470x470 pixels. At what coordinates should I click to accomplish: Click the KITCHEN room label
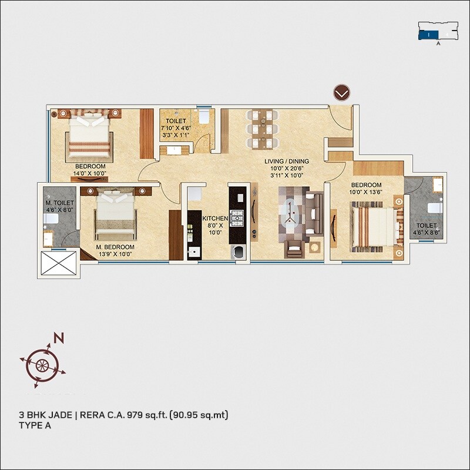point(214,219)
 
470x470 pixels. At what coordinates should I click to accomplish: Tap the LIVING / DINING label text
point(286,161)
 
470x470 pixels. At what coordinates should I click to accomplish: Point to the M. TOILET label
point(59,202)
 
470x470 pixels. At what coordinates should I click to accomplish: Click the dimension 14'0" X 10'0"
point(90,174)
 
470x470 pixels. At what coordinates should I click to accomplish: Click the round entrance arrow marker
point(341,92)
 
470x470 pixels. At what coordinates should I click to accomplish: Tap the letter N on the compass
point(58,338)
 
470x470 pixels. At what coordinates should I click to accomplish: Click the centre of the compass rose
point(42,365)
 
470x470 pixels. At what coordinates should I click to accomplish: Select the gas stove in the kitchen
point(237,218)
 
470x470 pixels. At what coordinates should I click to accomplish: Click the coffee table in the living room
point(292,214)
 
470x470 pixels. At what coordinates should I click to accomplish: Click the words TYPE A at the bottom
point(35,427)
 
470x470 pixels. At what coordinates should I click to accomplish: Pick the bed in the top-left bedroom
point(89,135)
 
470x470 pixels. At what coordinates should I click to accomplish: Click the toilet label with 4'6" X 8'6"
point(427,229)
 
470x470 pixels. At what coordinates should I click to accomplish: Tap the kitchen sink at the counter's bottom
point(193,251)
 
